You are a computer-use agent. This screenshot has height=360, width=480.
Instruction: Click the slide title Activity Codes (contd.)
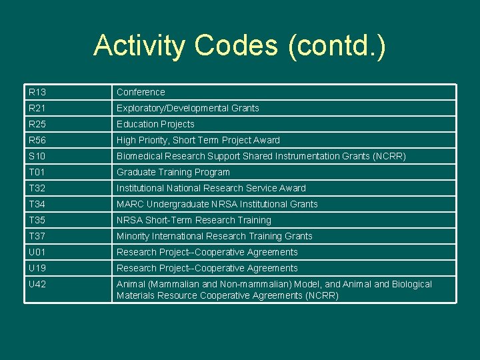pyautogui.click(x=239, y=46)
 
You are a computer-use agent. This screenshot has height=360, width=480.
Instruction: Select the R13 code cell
pyautogui.click(x=37, y=92)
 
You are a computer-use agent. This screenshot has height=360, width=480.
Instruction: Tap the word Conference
pyautogui.click(x=141, y=92)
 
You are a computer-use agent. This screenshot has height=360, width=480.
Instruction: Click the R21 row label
pyautogui.click(x=37, y=108)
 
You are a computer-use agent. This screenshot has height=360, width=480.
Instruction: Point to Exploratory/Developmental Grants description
pyautogui.click(x=187, y=108)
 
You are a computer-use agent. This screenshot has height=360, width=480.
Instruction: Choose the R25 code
pyautogui.click(x=37, y=124)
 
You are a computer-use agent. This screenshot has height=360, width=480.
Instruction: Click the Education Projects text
pyautogui.click(x=155, y=124)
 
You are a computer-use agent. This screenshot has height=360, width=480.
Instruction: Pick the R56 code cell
pyautogui.click(x=37, y=140)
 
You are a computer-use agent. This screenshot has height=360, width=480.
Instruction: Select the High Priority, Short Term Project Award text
pyautogui.click(x=198, y=140)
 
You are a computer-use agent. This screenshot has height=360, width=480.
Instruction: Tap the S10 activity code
pyautogui.click(x=37, y=156)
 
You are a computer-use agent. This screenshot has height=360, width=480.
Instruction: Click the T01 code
pyautogui.click(x=36, y=172)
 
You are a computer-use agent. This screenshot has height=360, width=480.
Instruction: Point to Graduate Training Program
pyautogui.click(x=173, y=172)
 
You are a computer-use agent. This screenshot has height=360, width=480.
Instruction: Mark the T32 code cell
pyautogui.click(x=37, y=188)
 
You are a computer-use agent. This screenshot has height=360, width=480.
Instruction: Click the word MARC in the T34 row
pyautogui.click(x=130, y=204)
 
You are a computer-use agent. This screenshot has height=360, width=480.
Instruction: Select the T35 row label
pyautogui.click(x=37, y=220)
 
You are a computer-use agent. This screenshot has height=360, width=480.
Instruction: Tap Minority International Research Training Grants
pyautogui.click(x=214, y=236)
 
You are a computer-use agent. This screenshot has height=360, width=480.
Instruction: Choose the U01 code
pyautogui.click(x=37, y=252)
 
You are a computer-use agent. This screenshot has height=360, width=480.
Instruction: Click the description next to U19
pyautogui.click(x=207, y=268)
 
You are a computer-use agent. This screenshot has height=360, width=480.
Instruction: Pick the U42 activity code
pyautogui.click(x=37, y=284)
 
